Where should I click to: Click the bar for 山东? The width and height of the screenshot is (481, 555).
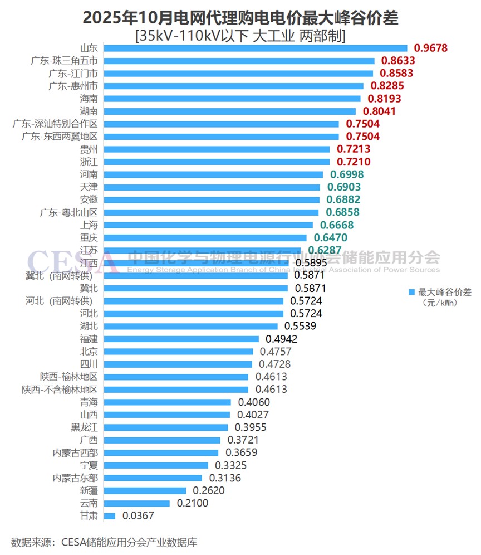(x=255, y=48)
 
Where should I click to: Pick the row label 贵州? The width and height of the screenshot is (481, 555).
(x=89, y=149)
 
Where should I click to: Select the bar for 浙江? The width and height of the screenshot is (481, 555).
(x=217, y=162)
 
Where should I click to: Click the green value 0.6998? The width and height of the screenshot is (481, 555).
(x=345, y=174)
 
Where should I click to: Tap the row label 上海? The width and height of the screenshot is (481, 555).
(x=89, y=225)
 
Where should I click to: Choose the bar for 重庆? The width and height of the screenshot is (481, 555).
(x=205, y=238)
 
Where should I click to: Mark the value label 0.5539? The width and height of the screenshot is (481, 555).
(x=300, y=326)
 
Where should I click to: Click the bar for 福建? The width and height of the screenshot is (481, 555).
(x=181, y=339)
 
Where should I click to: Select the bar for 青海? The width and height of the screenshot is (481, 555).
(x=167, y=402)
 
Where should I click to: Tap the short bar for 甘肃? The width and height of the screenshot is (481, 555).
(x=110, y=515)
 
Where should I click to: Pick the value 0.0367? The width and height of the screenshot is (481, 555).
(x=138, y=515)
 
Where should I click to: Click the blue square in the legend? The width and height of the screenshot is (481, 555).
(x=412, y=292)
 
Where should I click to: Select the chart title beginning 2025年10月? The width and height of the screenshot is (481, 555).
(x=240, y=18)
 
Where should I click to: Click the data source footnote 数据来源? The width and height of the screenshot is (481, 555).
(x=104, y=541)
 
